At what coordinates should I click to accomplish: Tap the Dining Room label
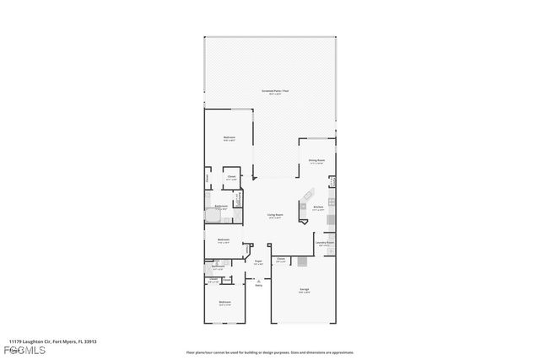317,160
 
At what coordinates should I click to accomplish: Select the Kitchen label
319,207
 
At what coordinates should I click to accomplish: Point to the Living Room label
275,215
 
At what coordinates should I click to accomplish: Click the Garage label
304,289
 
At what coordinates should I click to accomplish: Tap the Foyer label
260,261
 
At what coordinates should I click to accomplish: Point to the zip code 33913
89,341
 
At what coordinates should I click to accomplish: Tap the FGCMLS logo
17,350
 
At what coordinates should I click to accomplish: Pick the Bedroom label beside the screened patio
229,137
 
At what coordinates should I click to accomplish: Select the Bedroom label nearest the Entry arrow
225,302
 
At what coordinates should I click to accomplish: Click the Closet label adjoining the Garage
281,259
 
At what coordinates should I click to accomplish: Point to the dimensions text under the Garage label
304,293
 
